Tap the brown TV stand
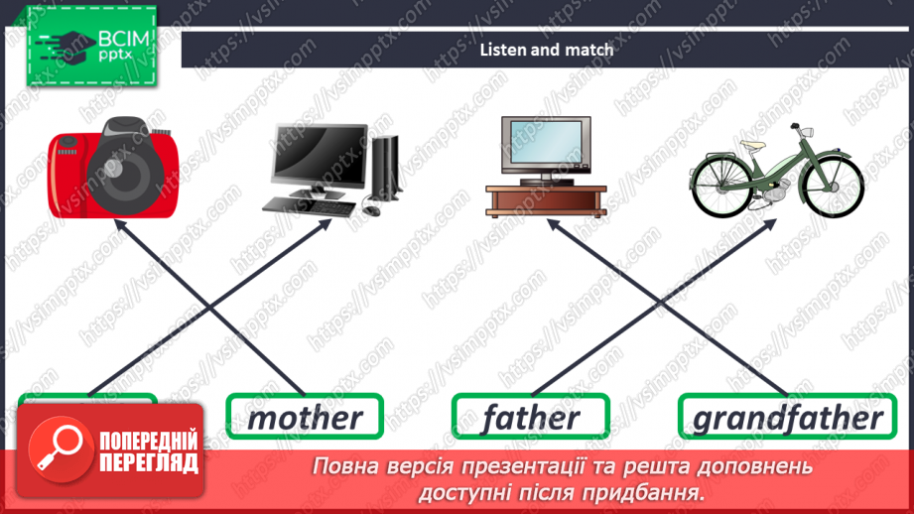pyautogui.click(x=545, y=198)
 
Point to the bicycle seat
pyautogui.click(x=748, y=144)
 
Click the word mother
pyautogui.click(x=305, y=417)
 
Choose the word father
pyautogui.click(x=531, y=417)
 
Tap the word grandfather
pyautogui.click(x=787, y=417)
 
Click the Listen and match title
pyautogui.click(x=546, y=49)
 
